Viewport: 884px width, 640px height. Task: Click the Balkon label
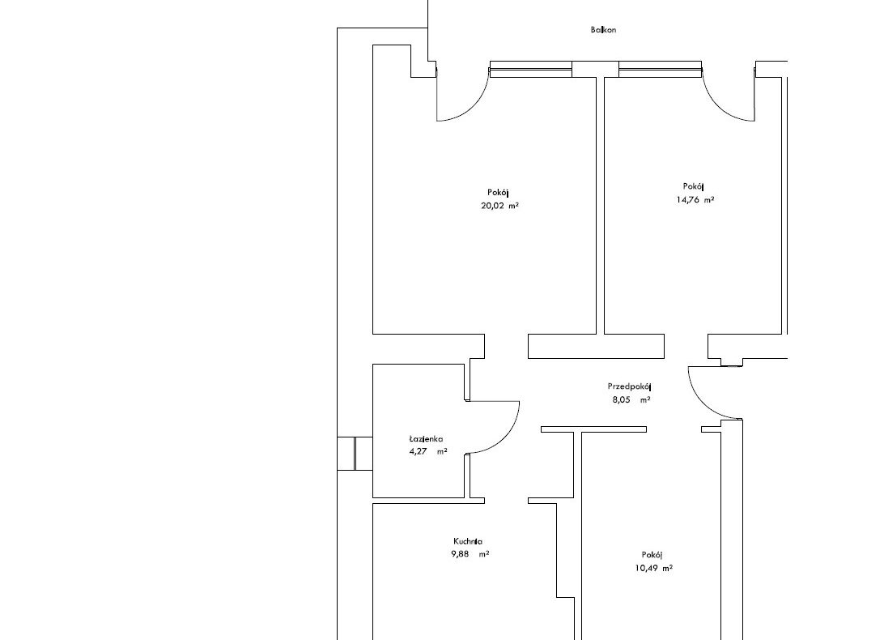click(x=603, y=30)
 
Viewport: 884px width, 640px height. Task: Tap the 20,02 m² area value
click(x=499, y=206)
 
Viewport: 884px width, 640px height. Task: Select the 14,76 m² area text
click(x=695, y=199)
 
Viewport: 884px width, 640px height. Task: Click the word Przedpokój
click(x=629, y=386)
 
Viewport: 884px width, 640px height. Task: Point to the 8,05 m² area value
click(x=631, y=399)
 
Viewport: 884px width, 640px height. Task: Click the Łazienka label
click(x=426, y=438)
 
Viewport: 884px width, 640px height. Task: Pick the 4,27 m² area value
click(x=428, y=451)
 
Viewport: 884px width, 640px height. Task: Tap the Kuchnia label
click(x=468, y=541)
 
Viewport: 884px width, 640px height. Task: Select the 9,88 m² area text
click(x=470, y=554)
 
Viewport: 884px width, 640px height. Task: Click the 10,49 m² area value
click(x=654, y=569)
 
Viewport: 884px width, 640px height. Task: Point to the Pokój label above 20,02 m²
click(x=499, y=193)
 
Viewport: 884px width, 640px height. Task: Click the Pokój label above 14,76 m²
click(x=694, y=186)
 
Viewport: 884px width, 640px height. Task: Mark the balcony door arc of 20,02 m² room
click(x=473, y=107)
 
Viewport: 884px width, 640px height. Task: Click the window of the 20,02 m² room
click(x=530, y=69)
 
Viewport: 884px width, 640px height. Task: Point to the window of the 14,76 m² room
click(x=661, y=69)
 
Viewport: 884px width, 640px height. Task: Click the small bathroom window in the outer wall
click(x=355, y=453)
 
